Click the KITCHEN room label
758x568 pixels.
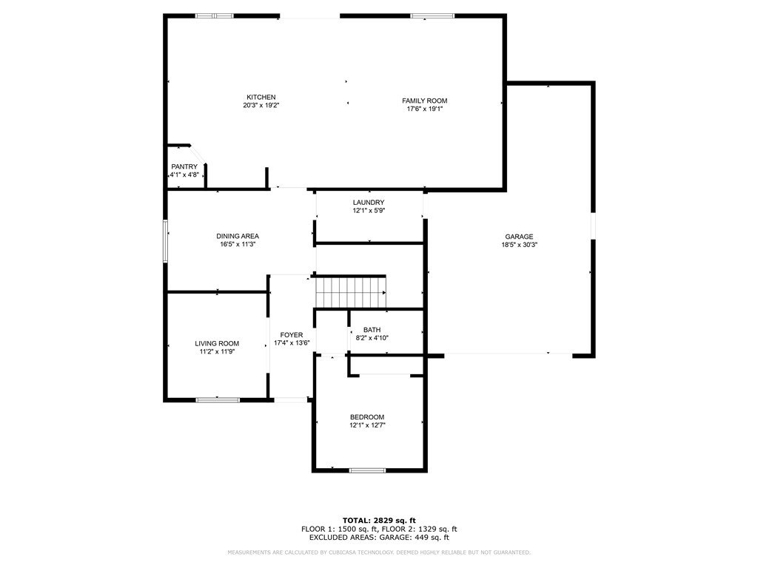click(x=261, y=98)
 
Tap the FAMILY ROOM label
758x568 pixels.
click(x=424, y=101)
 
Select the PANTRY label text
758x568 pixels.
click(x=184, y=167)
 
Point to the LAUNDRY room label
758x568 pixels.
click(x=369, y=203)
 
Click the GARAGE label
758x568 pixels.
click(x=519, y=237)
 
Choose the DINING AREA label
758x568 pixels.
click(x=238, y=236)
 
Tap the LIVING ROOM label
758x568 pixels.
click(x=217, y=343)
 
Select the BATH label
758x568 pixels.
click(x=372, y=330)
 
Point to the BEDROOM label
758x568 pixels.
click(x=367, y=417)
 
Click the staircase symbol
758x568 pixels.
click(x=351, y=291)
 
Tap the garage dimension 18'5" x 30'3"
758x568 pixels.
click(x=519, y=245)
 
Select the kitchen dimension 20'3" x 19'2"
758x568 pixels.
click(x=261, y=106)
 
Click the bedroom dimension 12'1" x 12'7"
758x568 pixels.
click(x=367, y=425)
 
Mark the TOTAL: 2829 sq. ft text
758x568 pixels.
click(x=379, y=520)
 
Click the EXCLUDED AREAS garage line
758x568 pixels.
click(x=379, y=538)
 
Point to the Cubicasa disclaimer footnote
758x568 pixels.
click(x=379, y=552)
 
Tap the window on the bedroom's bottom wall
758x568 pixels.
click(x=368, y=470)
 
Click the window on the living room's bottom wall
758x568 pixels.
click(x=218, y=400)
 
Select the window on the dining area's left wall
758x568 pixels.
click(x=165, y=241)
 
